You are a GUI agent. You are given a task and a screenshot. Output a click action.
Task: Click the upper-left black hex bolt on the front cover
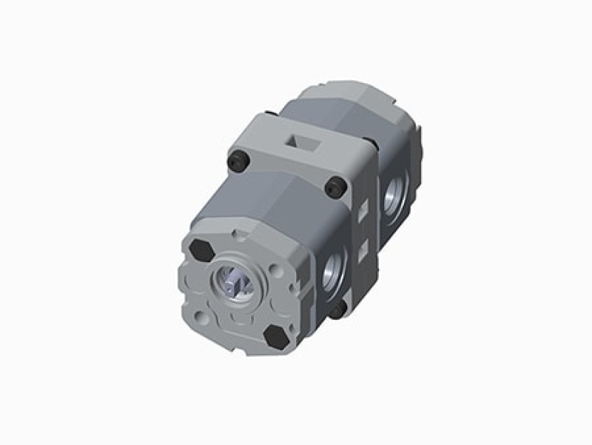(201, 250)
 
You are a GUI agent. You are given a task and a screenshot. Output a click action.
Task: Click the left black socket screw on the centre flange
(237, 159)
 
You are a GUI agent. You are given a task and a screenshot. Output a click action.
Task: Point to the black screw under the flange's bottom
(337, 311)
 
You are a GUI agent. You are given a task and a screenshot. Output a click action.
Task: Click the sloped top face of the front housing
(266, 204)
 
